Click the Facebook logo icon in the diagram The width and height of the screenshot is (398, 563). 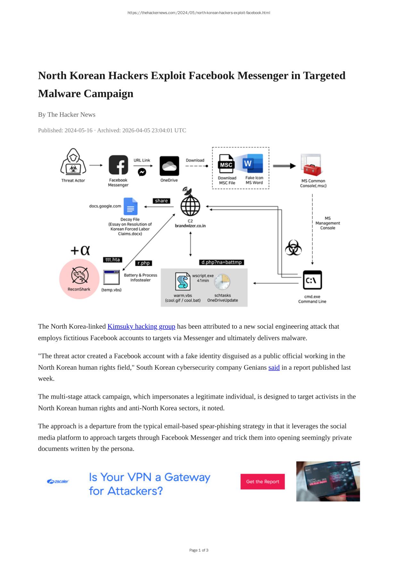point(118,165)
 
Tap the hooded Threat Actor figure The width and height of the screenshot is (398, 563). point(73,162)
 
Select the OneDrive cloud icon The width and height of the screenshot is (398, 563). point(169,166)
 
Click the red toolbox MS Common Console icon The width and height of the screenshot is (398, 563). point(311,165)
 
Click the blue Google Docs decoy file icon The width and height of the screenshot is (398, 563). point(130,206)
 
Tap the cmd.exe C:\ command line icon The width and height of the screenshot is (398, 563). point(312,280)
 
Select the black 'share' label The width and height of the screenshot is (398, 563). point(162,201)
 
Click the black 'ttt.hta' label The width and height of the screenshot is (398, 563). point(112,259)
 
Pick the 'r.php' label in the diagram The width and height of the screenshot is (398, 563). point(144,263)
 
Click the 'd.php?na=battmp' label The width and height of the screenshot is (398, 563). point(221,262)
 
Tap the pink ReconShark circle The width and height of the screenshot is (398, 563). point(79,279)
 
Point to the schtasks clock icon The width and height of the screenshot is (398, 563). point(222,282)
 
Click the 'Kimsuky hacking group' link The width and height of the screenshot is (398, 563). point(141,326)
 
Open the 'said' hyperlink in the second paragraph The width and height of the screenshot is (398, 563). point(274,367)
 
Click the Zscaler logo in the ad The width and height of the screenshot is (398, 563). point(58,481)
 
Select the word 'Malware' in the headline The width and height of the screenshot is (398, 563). point(60,94)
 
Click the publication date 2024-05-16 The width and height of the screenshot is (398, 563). point(79,130)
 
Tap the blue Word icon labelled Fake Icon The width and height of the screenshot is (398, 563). point(252,164)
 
